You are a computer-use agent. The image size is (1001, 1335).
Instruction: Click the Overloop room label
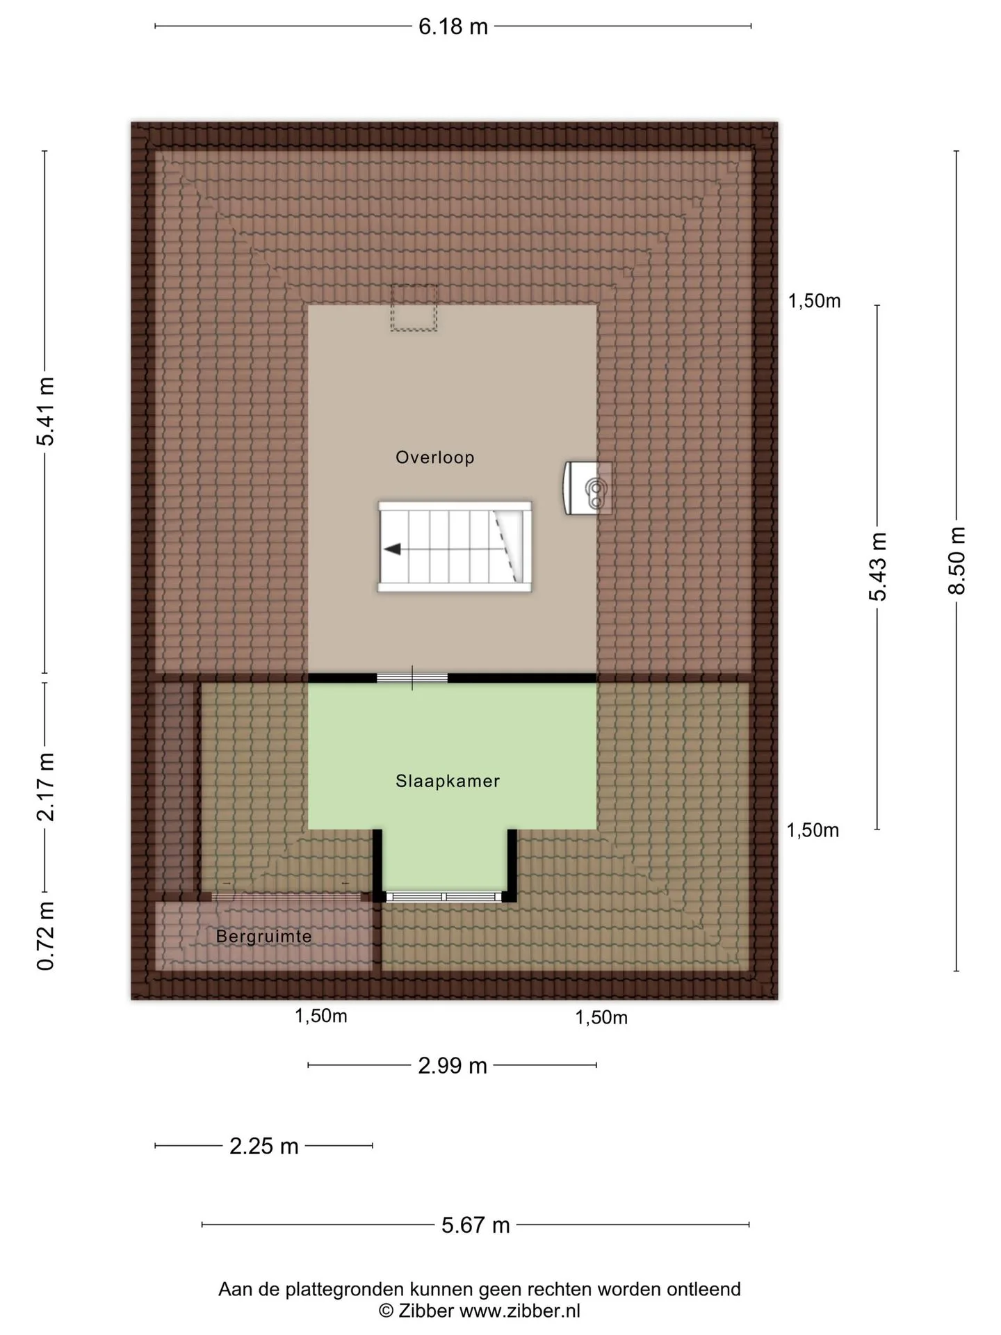pyautogui.click(x=435, y=458)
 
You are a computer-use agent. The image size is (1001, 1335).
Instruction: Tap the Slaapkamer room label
pyautogui.click(x=448, y=781)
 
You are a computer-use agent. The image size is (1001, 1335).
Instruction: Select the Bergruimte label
pyautogui.click(x=264, y=937)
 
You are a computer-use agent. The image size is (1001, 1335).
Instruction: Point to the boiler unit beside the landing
pyautogui.click(x=588, y=488)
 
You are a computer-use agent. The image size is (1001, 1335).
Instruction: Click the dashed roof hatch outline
pyautogui.click(x=414, y=308)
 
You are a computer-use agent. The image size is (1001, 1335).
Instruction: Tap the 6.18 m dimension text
pyautogui.click(x=453, y=26)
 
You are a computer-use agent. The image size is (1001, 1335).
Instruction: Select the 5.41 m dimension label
pyautogui.click(x=46, y=412)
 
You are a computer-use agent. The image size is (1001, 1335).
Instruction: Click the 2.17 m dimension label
pyautogui.click(x=46, y=786)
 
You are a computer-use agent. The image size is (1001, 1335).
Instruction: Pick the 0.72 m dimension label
pyautogui.click(x=46, y=936)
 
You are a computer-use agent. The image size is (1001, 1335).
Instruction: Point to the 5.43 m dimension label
pyautogui.click(x=878, y=566)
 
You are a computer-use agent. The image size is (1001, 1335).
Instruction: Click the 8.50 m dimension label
pyautogui.click(x=957, y=560)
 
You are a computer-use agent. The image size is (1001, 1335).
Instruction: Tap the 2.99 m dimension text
pyautogui.click(x=453, y=1066)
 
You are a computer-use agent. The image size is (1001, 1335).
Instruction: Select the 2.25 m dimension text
pyautogui.click(x=264, y=1146)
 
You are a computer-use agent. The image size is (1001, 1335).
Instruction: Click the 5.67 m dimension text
pyautogui.click(x=476, y=1225)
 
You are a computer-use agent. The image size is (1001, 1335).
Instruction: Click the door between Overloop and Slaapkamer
pyautogui.click(x=412, y=678)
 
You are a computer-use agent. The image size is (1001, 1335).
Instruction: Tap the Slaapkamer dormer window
pyautogui.click(x=445, y=897)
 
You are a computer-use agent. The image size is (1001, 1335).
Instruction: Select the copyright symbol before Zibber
pyautogui.click(x=386, y=1311)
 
